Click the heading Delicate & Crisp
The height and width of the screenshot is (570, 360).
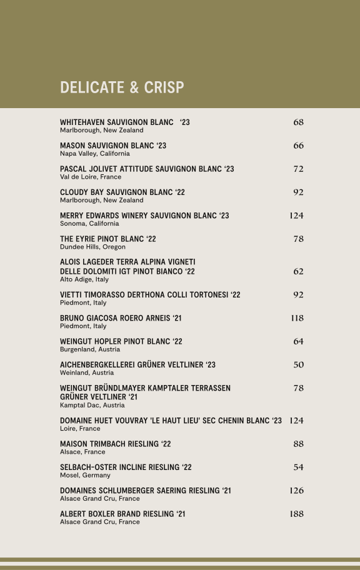[x=122, y=87]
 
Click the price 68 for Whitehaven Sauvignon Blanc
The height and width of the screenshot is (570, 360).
[x=298, y=122]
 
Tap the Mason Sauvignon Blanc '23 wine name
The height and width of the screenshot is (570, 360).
[x=113, y=146]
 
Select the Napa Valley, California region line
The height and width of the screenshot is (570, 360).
[x=95, y=154]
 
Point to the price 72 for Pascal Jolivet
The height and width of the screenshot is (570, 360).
[x=298, y=169]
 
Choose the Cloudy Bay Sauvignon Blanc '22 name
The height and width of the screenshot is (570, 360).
[x=122, y=192]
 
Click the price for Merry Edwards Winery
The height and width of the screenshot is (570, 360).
[x=296, y=216]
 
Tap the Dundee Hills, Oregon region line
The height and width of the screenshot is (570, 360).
[x=92, y=247]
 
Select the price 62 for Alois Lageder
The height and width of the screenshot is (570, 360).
[x=298, y=271]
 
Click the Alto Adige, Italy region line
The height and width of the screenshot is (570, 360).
[x=84, y=279]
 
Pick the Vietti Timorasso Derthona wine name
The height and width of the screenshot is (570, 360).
[x=150, y=295]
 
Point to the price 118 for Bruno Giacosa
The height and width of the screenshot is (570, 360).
[x=297, y=318]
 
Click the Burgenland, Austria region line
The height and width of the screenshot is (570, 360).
[x=90, y=350]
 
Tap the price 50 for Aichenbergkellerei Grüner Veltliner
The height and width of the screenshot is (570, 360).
[x=298, y=365]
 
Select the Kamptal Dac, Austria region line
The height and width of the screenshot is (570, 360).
[x=92, y=405]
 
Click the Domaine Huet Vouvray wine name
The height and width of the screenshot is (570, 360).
[x=171, y=421]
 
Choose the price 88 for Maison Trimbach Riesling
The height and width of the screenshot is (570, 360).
[x=298, y=444]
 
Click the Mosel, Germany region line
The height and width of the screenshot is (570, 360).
[x=85, y=476]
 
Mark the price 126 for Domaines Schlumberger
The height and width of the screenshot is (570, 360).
[x=296, y=491]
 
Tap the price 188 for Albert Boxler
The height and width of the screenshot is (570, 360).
[x=296, y=514]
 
